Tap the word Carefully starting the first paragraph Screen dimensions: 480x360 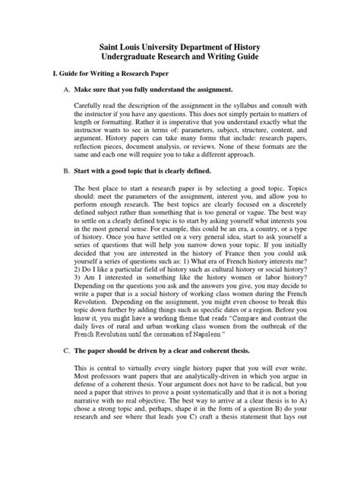(x=93, y=115)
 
